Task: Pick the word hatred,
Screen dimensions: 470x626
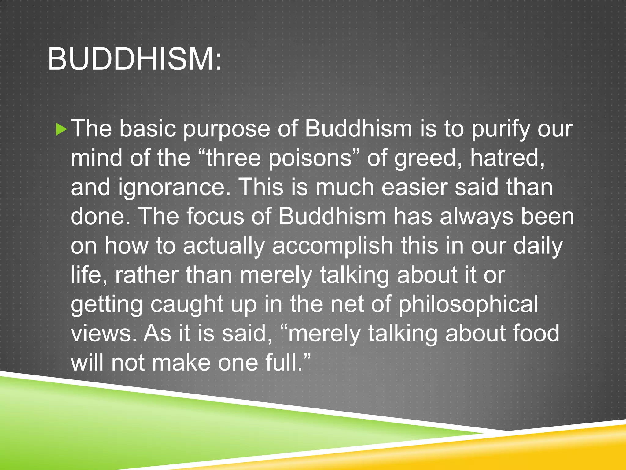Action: pos(507,158)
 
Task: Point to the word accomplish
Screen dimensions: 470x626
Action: pos(332,246)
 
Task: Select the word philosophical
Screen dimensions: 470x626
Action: pos(468,305)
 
